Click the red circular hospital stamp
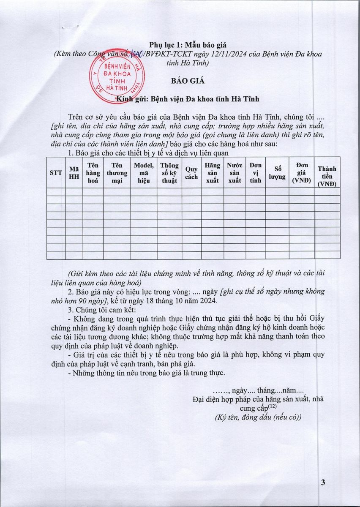(115, 78)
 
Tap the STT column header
(56, 172)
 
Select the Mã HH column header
(74, 172)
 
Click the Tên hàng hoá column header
(93, 172)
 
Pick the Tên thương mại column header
(117, 172)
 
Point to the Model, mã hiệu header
(144, 172)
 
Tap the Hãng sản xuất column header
(212, 172)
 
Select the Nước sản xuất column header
(235, 172)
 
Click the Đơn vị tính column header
(255, 172)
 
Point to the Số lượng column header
(277, 172)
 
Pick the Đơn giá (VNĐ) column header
(302, 172)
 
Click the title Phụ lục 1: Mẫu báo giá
(182, 45)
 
